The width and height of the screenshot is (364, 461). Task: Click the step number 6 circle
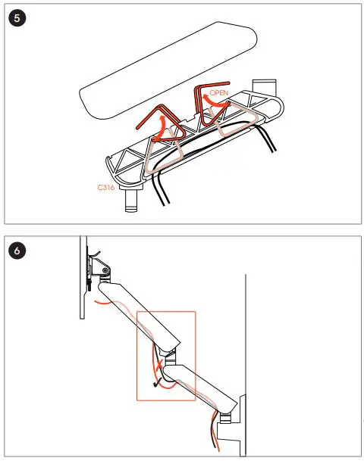tap(17, 248)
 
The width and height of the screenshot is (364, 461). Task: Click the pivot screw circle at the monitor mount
tap(99, 269)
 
